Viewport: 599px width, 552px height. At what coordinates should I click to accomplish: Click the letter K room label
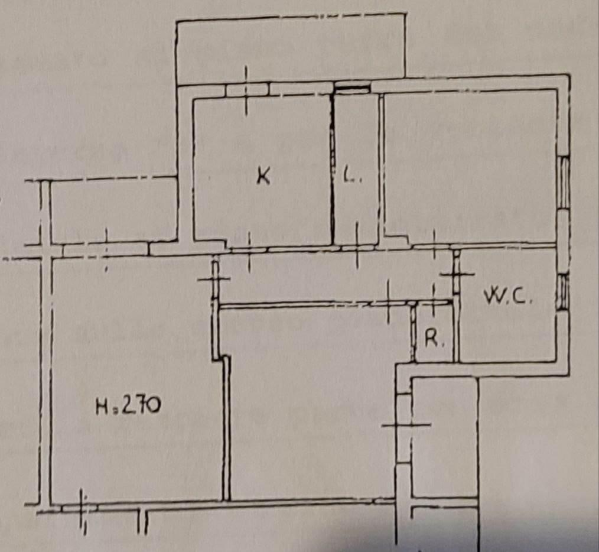click(x=263, y=176)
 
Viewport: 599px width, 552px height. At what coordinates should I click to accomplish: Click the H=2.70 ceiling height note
click(x=128, y=405)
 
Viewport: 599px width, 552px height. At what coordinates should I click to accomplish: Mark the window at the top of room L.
click(x=352, y=89)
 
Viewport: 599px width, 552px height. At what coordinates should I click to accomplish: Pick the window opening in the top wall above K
click(x=248, y=90)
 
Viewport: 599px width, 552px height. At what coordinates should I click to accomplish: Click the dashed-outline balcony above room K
click(x=291, y=49)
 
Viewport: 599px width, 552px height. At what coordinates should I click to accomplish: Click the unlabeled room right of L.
click(x=470, y=167)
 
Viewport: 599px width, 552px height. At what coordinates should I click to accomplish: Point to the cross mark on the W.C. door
click(x=457, y=274)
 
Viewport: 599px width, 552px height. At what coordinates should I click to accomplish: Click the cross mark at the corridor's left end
click(x=214, y=280)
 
